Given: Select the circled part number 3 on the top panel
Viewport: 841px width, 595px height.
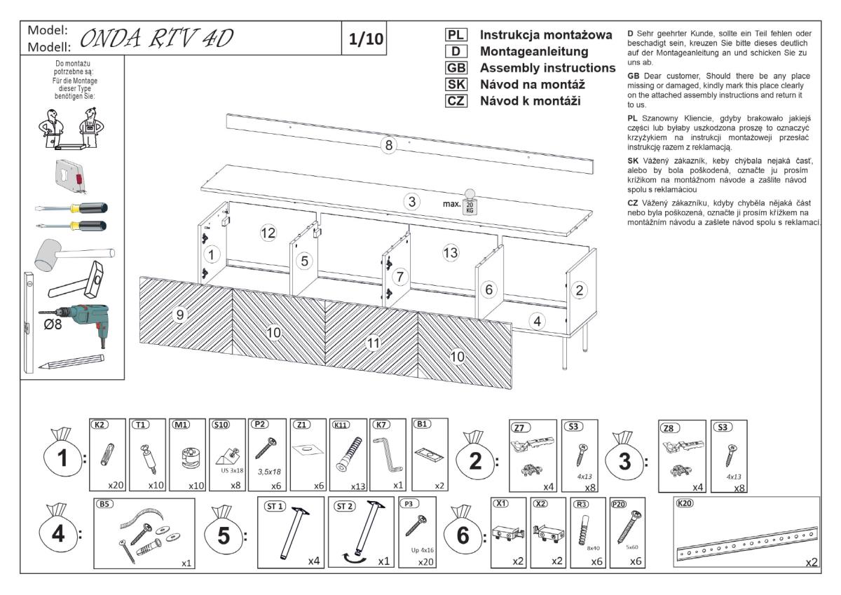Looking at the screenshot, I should (413, 202).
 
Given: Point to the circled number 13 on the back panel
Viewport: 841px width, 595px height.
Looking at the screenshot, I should (450, 252).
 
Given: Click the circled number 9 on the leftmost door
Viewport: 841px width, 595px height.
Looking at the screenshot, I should (180, 315).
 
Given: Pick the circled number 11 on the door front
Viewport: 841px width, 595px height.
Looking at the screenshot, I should (373, 343).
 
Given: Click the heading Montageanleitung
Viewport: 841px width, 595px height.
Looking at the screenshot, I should (533, 51).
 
